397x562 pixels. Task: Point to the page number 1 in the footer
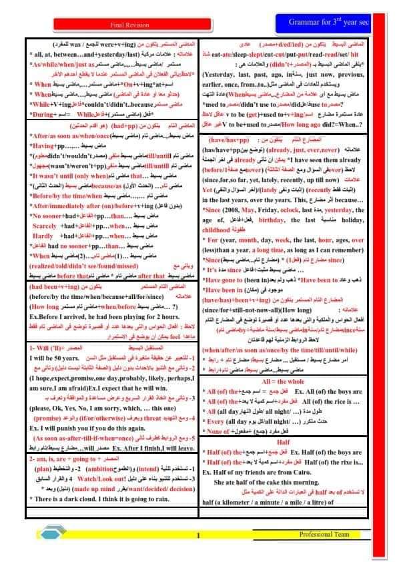[199, 536]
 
